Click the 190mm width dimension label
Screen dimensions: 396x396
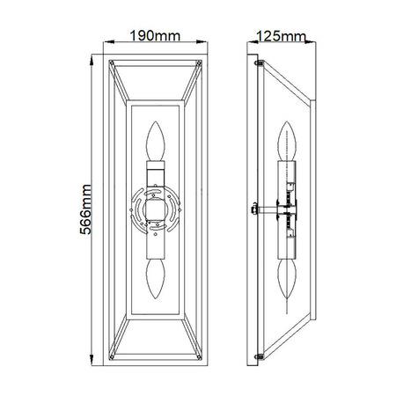click(x=155, y=36)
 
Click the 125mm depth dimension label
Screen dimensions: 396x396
click(x=281, y=36)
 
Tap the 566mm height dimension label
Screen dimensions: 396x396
click(x=85, y=209)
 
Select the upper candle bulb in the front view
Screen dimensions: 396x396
click(x=156, y=141)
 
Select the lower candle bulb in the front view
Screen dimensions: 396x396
click(x=156, y=279)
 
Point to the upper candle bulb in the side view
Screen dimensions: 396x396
click(x=287, y=141)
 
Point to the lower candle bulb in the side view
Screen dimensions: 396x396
click(x=287, y=279)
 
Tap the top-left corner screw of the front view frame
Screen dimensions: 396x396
click(x=112, y=62)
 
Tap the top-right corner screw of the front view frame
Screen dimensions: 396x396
click(x=199, y=62)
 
